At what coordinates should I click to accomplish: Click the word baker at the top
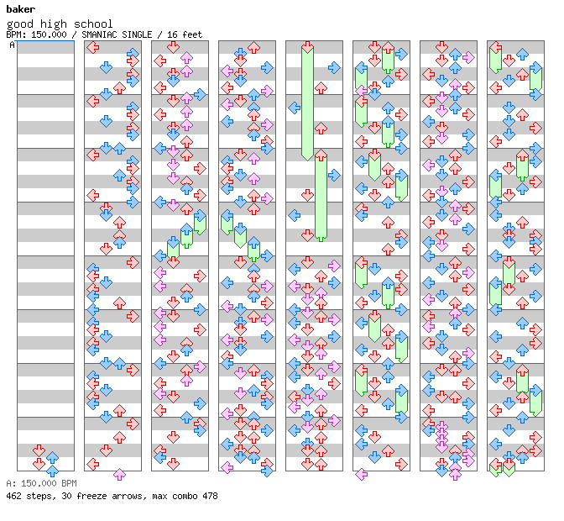[x=20, y=9]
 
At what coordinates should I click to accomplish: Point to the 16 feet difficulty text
[x=185, y=34]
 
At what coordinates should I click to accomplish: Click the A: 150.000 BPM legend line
[x=41, y=483]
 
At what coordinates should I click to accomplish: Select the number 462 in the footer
[x=14, y=496]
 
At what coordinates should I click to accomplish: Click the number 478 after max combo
[x=207, y=496]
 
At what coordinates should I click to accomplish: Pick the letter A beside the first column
[x=12, y=45]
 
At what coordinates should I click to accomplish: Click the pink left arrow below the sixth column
[x=361, y=475]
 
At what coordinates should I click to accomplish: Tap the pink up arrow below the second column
[x=119, y=475]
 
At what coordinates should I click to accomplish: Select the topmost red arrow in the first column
[x=39, y=450]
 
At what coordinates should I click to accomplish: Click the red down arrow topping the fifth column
[x=307, y=47]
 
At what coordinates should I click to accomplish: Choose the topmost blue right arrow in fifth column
[x=334, y=67]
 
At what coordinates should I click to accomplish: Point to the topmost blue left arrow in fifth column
[x=294, y=108]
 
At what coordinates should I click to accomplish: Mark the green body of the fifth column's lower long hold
[x=321, y=202]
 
